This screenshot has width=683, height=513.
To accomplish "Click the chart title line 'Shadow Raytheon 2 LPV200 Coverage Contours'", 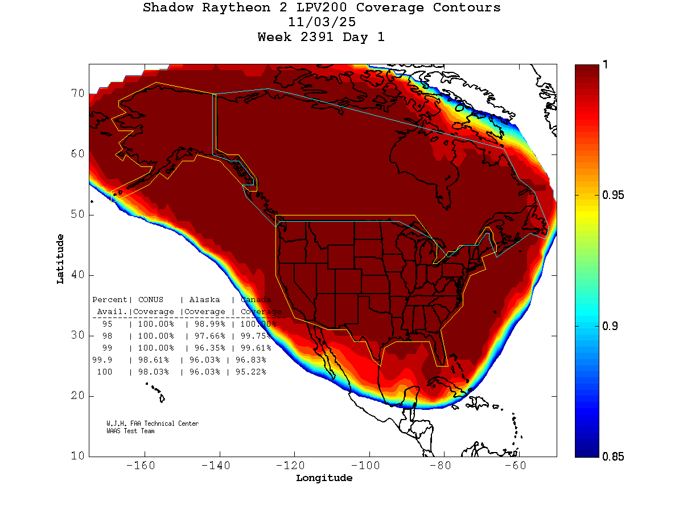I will click(x=322, y=8).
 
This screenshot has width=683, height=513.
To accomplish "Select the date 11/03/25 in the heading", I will click(x=322, y=22).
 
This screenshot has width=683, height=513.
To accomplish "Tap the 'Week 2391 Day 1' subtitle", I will click(x=322, y=37).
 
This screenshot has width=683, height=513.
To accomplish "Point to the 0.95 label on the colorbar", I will click(x=613, y=196).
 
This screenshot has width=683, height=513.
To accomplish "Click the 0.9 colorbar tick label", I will click(x=610, y=326).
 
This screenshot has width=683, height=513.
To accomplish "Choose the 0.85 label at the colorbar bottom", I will click(x=613, y=456).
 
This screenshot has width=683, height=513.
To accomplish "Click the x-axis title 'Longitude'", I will click(x=324, y=478).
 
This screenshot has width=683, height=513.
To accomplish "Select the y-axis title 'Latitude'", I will click(x=60, y=259).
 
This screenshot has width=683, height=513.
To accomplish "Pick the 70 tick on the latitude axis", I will click(x=77, y=93).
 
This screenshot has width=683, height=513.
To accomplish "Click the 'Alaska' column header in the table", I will click(x=204, y=300).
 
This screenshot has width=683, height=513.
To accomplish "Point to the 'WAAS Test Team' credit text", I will click(x=130, y=431).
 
